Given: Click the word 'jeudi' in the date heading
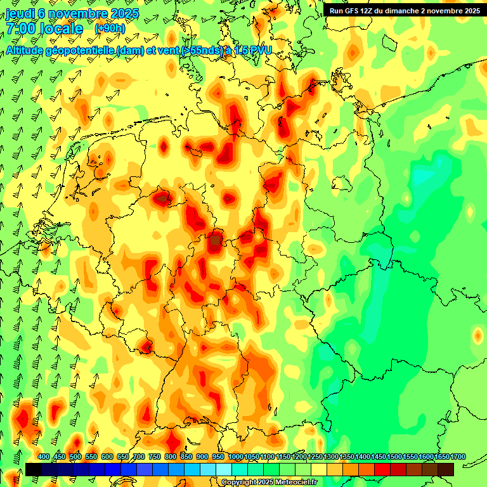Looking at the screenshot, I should (22, 12).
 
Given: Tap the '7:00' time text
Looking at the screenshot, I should (22, 29).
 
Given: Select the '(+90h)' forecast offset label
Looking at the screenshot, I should (110, 29).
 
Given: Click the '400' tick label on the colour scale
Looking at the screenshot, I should (44, 457).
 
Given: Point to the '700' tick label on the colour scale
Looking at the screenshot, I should (139, 457).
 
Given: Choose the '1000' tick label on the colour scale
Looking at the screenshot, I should (235, 457).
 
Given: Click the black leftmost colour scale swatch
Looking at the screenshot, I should (34, 469).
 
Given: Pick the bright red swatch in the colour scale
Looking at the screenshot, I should (382, 469).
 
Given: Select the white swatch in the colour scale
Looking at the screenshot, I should (224, 469).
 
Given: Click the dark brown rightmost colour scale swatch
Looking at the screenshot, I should (446, 469).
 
